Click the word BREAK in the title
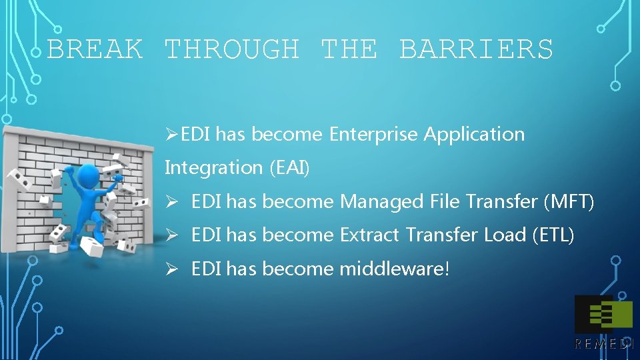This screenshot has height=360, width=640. click(95, 49)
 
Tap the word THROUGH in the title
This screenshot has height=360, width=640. click(231, 49)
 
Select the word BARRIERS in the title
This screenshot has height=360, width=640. click(476, 49)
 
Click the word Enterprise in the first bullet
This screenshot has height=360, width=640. click(374, 135)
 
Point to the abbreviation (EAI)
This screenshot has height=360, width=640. click(290, 168)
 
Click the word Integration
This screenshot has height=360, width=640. click(214, 168)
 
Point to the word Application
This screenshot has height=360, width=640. click(474, 135)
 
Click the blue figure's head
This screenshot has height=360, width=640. click(89, 177)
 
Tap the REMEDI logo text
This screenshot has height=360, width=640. click(603, 344)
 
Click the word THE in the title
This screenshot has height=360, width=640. click(349, 49)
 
